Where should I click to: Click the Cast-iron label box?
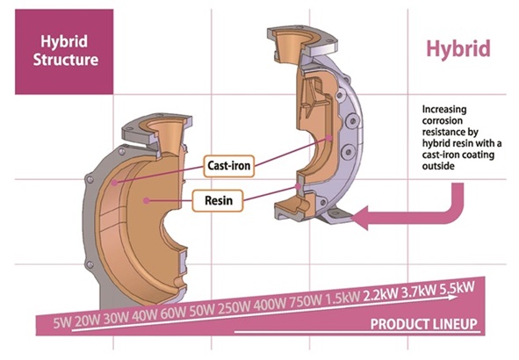pos(228,166)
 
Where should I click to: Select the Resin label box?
pos(218,200)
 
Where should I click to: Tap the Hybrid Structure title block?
pos(64,52)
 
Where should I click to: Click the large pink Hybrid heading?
pos(458,49)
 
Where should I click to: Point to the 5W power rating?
pos(62,323)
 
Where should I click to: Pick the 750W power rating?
pos(306,301)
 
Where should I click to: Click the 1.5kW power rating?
pos(342,297)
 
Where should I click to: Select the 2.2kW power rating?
pos(380,293)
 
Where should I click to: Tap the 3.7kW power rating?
pos(418,291)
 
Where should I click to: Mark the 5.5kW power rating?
pos(457,287)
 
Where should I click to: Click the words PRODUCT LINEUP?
pos(424,324)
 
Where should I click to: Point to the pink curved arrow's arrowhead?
pos(360,218)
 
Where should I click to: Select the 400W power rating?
pos(270,305)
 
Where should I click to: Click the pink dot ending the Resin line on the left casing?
pos(146,200)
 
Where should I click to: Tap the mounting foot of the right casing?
pos(338,216)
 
